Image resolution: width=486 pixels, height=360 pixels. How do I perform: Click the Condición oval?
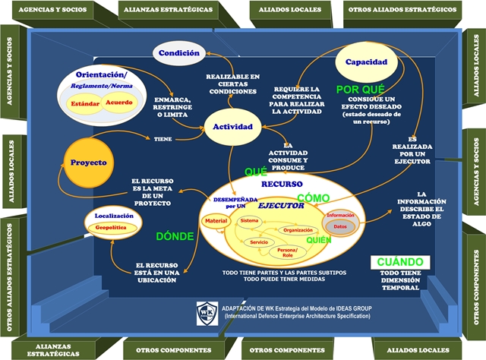pyautogui.click(x=180, y=52)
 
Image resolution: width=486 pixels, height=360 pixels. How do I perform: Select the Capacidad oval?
pyautogui.click(x=361, y=64)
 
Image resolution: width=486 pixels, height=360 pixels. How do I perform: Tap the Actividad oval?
pyautogui.click(x=232, y=125)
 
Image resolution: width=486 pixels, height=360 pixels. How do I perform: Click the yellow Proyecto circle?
pyautogui.click(x=88, y=163)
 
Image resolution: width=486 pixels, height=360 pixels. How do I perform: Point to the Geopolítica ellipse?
pyautogui.click(x=115, y=227)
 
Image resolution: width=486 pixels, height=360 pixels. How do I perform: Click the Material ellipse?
pyautogui.click(x=216, y=221)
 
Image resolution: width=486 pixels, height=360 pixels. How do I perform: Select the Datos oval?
pyautogui.click(x=340, y=226)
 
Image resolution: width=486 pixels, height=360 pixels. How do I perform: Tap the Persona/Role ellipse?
pyautogui.click(x=287, y=252)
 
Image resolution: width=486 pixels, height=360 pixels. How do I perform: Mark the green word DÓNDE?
pyautogui.click(x=175, y=236)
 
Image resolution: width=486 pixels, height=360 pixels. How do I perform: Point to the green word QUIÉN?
pyautogui.click(x=320, y=240)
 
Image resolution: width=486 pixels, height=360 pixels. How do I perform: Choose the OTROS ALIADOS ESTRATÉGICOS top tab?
pyautogui.click(x=401, y=11)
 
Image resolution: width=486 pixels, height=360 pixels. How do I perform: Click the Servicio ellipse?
pyautogui.click(x=261, y=242)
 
